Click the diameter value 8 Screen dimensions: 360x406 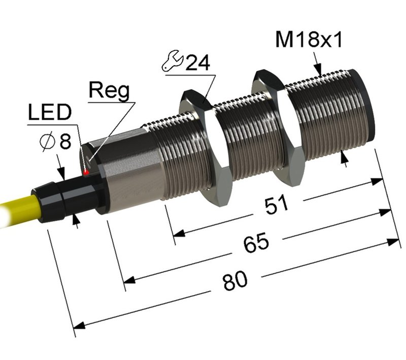pos(64,141)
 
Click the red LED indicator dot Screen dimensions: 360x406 pos(87,173)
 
